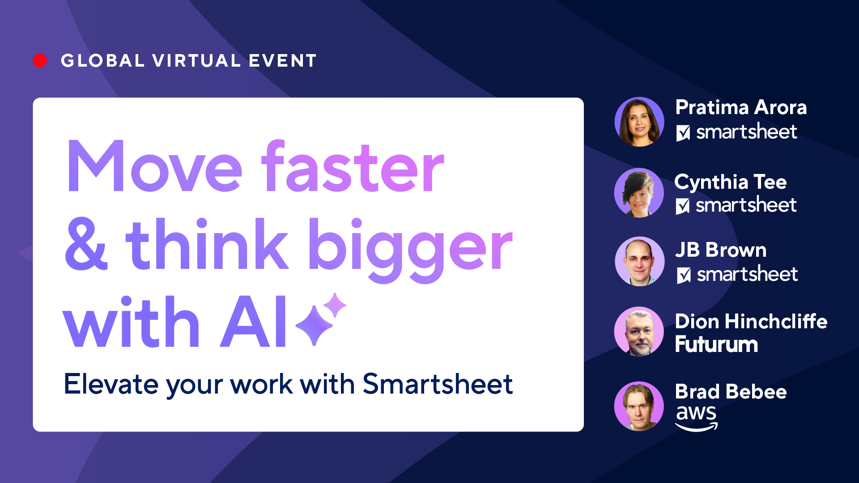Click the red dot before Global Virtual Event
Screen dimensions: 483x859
click(40, 61)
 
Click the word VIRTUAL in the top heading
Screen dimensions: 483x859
click(196, 61)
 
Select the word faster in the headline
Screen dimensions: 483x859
click(353, 167)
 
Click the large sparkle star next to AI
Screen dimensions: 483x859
click(314, 325)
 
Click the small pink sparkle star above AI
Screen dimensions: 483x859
click(335, 305)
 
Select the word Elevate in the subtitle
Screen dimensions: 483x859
click(111, 384)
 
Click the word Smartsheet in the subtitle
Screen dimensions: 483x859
click(437, 384)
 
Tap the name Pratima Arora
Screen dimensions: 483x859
click(741, 107)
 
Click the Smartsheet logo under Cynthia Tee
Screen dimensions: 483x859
click(736, 205)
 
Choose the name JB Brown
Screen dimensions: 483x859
click(721, 250)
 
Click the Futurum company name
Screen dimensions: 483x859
click(716, 344)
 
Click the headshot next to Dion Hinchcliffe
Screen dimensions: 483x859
click(639, 331)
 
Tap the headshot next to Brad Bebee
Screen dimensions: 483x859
click(639, 406)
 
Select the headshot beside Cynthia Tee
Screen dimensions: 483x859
click(639, 193)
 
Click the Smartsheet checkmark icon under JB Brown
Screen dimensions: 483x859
click(684, 275)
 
